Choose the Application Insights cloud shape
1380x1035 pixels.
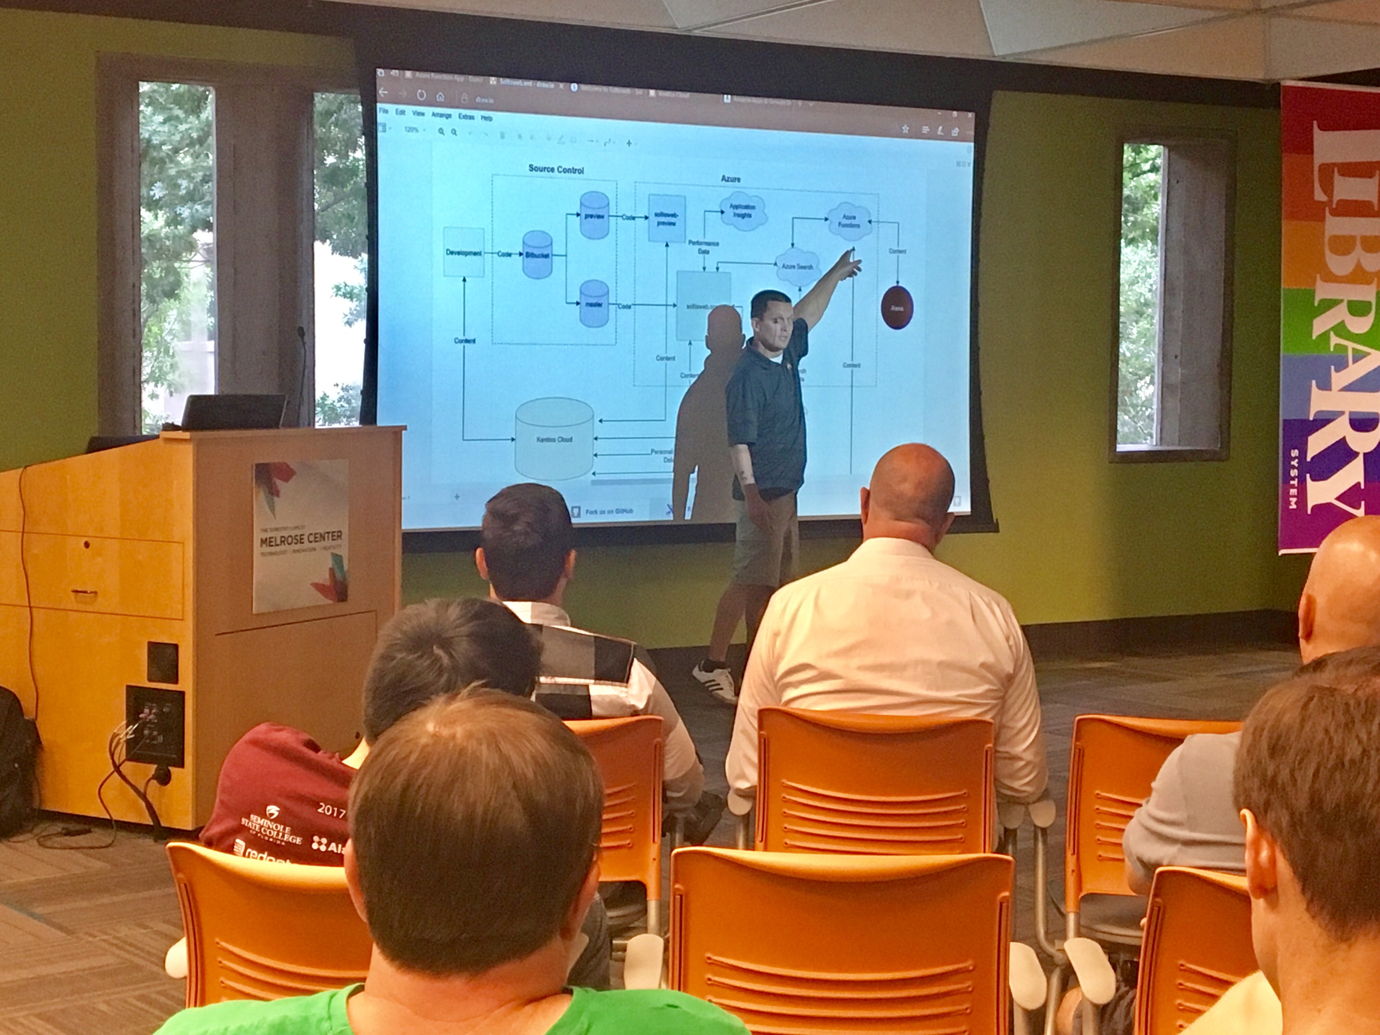tap(742, 211)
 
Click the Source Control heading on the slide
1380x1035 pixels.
tap(556, 169)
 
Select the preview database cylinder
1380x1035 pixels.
tap(594, 216)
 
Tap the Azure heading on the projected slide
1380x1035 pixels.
tap(730, 179)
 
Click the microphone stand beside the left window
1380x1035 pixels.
tap(303, 374)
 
